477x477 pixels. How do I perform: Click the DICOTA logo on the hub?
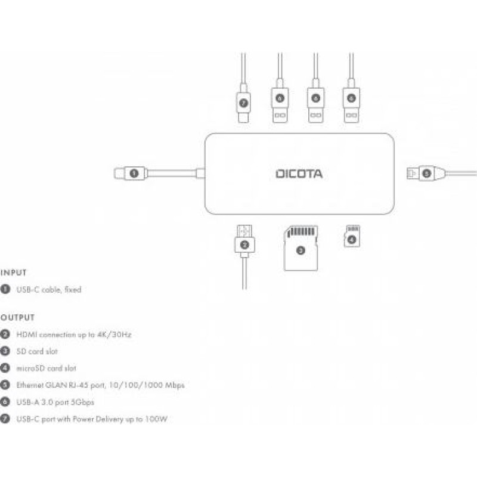point(299,174)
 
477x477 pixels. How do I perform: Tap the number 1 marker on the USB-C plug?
point(134,174)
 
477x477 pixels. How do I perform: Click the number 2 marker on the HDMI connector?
point(244,244)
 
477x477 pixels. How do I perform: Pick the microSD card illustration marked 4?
point(352,237)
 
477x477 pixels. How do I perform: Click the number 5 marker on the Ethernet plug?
point(426,174)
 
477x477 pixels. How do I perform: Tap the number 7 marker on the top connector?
point(243,103)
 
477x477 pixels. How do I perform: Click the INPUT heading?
point(14,272)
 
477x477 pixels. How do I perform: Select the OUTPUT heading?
point(18,317)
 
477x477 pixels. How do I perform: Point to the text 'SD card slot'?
point(38,351)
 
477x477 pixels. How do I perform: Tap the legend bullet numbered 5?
point(5,385)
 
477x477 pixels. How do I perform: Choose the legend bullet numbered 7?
point(5,419)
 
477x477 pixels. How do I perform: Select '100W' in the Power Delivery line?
point(156,419)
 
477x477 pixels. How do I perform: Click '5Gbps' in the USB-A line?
point(82,402)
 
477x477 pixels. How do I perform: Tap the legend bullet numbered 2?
point(5,334)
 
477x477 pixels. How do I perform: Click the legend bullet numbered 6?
point(5,402)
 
